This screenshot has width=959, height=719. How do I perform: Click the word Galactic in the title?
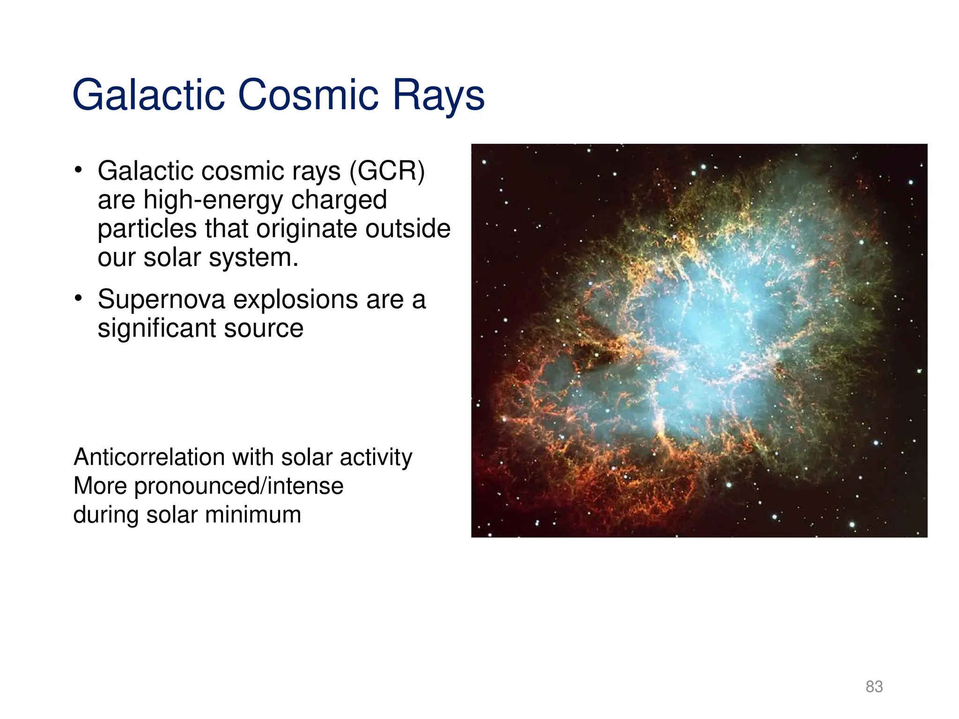coord(148,95)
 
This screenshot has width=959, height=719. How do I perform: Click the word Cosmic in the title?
coord(308,95)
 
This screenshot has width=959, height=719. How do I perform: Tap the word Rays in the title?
coord(438,95)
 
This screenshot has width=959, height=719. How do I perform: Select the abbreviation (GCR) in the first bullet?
coord(387,171)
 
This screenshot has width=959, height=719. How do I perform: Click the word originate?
coord(307,229)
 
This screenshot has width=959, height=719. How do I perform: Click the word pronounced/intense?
coord(239,486)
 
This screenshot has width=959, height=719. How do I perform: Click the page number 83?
coord(874,686)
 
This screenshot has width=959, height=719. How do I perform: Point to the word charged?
coord(339,200)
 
